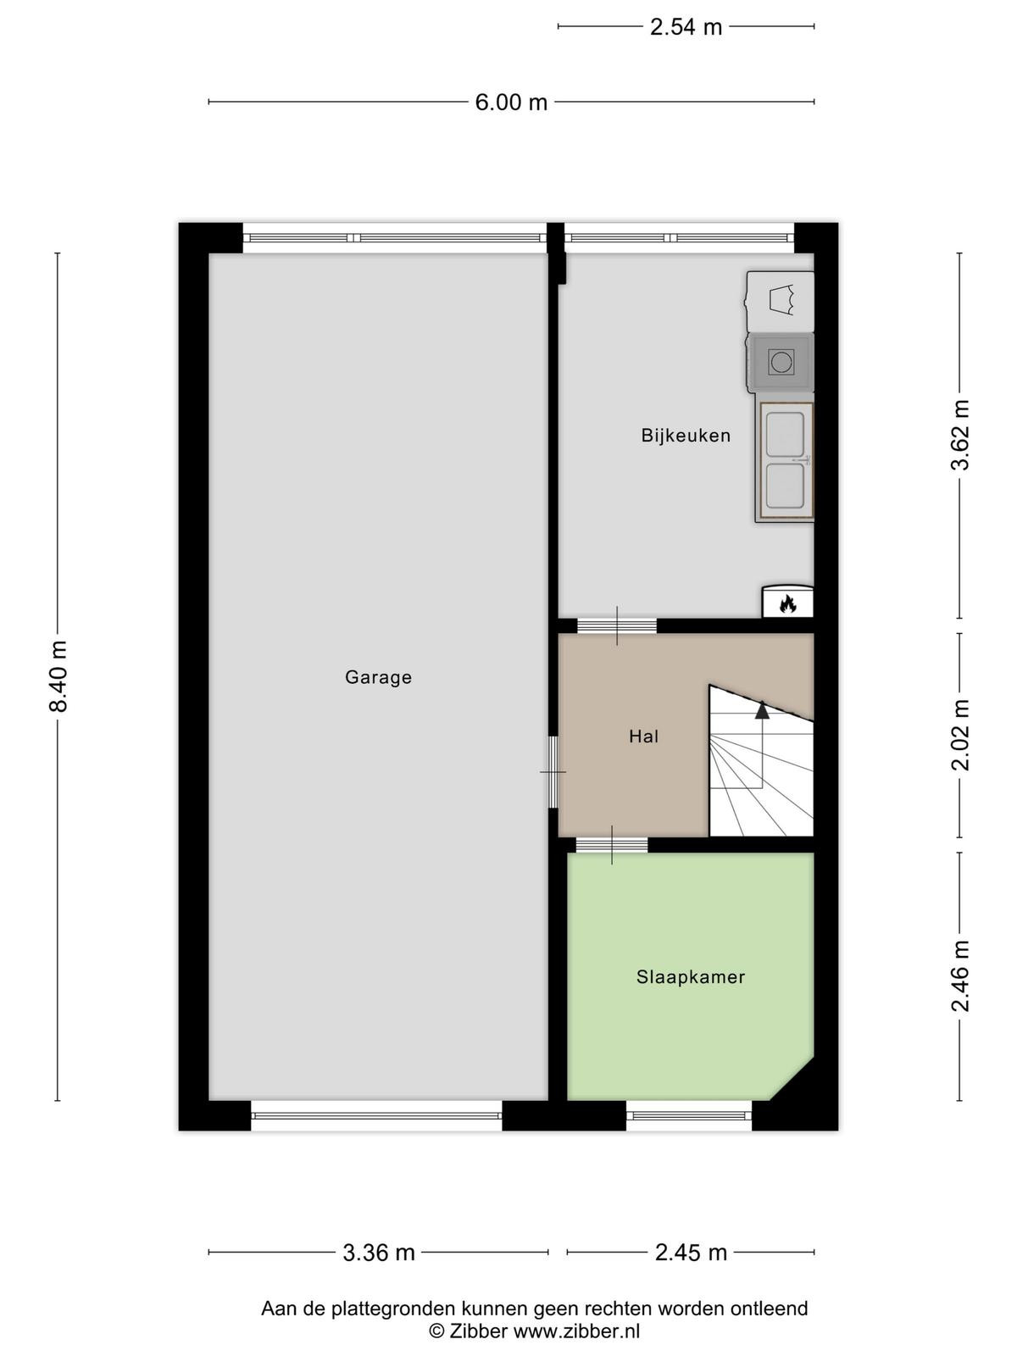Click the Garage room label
[378, 678]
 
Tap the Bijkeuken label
[686, 436]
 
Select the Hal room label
[643, 736]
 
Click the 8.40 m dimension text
[58, 676]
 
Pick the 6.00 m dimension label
[511, 102]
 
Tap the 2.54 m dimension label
[686, 27]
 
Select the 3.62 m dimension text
[960, 435]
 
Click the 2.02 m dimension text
[960, 735]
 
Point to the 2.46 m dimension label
[960, 975]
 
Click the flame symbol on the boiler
[786, 603]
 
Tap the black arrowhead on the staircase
[762, 710]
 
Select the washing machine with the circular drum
[780, 362]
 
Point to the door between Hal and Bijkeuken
[616, 625]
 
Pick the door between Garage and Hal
[553, 772]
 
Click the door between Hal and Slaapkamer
[611, 844]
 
